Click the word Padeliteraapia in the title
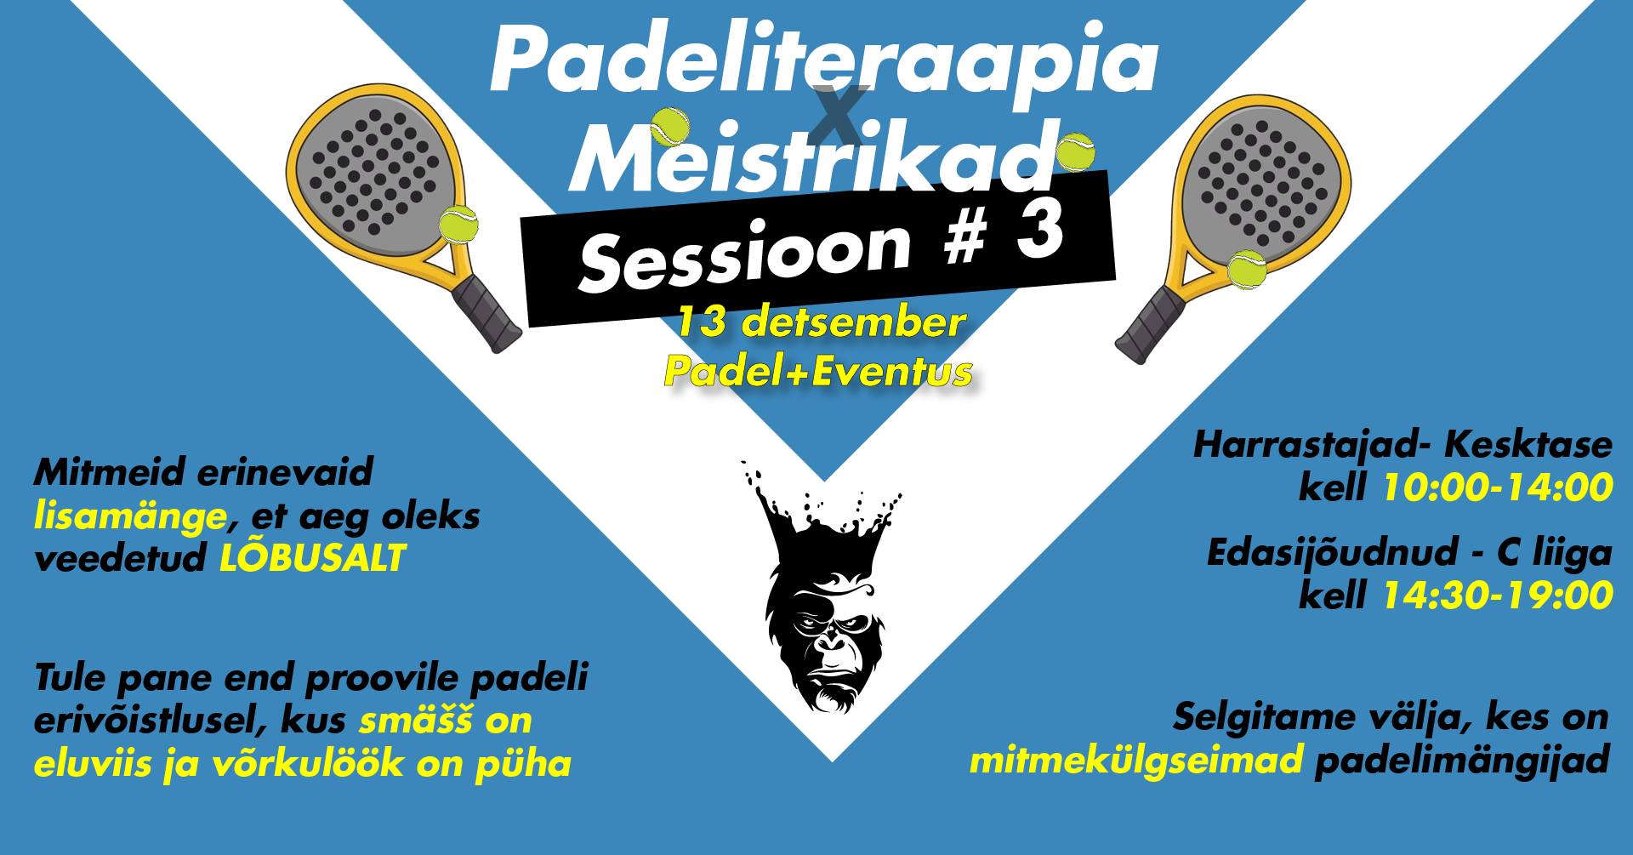point(823,61)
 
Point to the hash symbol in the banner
point(964,240)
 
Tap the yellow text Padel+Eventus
point(818,371)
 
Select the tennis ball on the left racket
point(458,225)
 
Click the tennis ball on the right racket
point(1246,271)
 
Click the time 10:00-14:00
point(1498,487)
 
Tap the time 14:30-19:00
point(1498,596)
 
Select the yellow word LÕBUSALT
point(312,558)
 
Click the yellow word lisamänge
point(130,516)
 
